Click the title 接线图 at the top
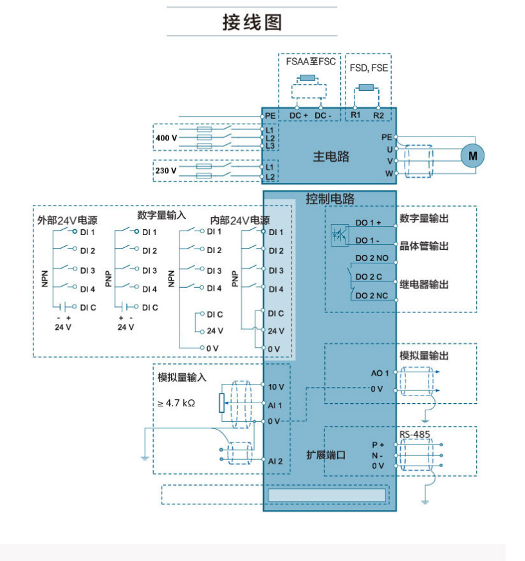click(252, 23)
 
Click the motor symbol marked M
click(474, 155)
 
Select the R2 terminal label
click(378, 115)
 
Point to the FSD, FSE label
click(369, 68)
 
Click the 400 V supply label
click(165, 138)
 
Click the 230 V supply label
click(165, 171)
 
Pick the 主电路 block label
click(331, 157)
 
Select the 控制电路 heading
click(330, 199)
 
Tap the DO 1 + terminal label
click(368, 222)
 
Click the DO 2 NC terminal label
click(372, 296)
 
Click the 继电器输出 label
click(424, 285)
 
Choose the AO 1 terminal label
click(380, 373)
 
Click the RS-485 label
click(415, 435)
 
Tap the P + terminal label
click(378, 444)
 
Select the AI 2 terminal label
click(275, 461)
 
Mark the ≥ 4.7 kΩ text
click(176, 403)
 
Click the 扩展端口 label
click(326, 455)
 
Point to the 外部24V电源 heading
click(68, 220)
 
